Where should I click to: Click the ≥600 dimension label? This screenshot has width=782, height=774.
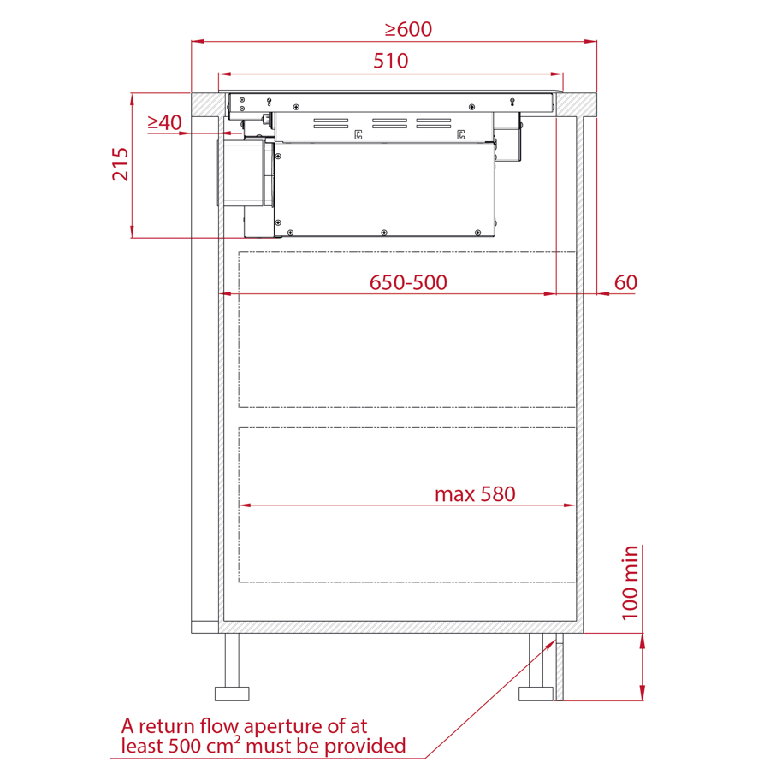coord(408,29)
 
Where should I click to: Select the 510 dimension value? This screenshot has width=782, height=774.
coord(390,61)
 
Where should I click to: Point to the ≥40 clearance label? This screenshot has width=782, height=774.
coord(164,123)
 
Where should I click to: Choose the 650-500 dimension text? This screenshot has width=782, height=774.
coord(408,282)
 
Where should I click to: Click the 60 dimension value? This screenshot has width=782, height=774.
coord(625,282)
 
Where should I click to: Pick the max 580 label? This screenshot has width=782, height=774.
coord(475,494)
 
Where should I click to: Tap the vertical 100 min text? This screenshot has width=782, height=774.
coord(630,582)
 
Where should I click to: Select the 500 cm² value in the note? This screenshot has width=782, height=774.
coord(187,746)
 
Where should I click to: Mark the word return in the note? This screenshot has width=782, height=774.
coord(166,726)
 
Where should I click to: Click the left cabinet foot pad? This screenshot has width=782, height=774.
coord(232,693)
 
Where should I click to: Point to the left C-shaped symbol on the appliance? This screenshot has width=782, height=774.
coord(358,134)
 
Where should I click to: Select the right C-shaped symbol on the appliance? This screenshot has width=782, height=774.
coord(460,134)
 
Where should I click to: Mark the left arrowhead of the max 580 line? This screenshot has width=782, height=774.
coord(244,506)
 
